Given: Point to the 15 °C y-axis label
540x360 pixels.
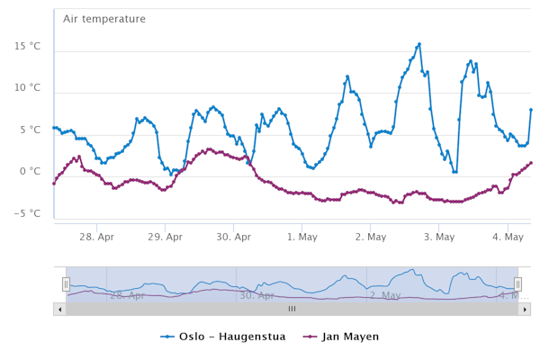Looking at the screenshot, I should pyautogui.click(x=28, y=46).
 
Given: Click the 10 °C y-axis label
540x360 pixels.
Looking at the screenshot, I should pyautogui.click(x=28, y=88).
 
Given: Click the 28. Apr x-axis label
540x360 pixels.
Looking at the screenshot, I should pyautogui.click(x=96, y=237).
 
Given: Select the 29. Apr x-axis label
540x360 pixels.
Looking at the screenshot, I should pyautogui.click(x=165, y=237).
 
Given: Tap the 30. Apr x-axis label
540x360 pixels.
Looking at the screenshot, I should pyautogui.click(x=233, y=237).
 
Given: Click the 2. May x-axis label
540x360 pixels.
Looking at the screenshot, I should pyautogui.click(x=370, y=237).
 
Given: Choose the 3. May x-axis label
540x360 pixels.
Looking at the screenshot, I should pyautogui.click(x=439, y=237).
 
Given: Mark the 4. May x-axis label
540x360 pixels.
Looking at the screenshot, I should pyautogui.click(x=508, y=237).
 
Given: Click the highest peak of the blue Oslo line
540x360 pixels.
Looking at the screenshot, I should pyautogui.click(x=418, y=44).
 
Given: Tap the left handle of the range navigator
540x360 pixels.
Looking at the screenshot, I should pyautogui.click(x=66, y=284).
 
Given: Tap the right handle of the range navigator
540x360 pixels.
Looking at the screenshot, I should pyautogui.click(x=517, y=284).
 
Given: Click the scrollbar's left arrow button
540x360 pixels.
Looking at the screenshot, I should pyautogui.click(x=59, y=309).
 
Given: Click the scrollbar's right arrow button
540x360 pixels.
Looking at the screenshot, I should pyautogui.click(x=526, y=309).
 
